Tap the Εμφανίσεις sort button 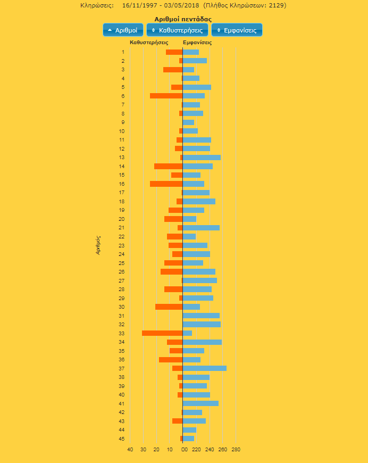237,30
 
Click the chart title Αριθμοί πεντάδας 182,19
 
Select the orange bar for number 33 162,333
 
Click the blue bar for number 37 204,368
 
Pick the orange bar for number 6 166,96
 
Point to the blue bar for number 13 202,158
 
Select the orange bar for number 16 166,184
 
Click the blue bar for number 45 188,439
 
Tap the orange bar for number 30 169,307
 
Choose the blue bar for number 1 190,52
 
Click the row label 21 122,228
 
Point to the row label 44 122,429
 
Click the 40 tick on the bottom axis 130,450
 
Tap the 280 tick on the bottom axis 236,450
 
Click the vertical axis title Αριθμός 98,245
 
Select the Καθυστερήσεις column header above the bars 149,42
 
